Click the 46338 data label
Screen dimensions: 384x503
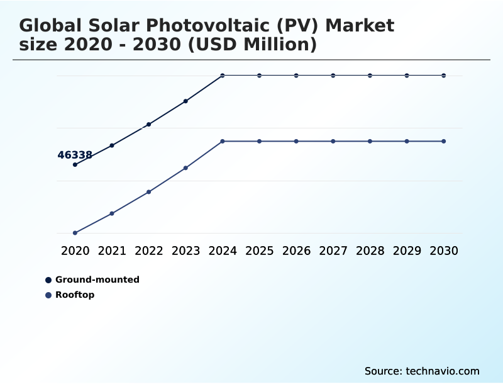click(75, 155)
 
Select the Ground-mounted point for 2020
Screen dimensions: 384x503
click(75, 165)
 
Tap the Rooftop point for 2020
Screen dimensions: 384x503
click(75, 233)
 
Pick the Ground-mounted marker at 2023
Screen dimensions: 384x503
click(185, 101)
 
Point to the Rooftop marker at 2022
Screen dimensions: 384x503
click(149, 192)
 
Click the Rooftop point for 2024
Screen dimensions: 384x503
click(223, 141)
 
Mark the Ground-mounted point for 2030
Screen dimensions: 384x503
click(444, 76)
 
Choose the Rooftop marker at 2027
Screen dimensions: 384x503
click(333, 141)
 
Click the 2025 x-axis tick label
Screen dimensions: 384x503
click(259, 251)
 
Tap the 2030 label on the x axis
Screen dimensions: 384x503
click(444, 251)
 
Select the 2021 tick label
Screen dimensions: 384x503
click(112, 251)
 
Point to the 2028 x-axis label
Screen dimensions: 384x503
click(370, 251)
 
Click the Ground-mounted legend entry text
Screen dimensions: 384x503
click(97, 280)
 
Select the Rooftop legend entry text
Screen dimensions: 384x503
click(75, 295)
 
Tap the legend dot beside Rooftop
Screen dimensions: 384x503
click(48, 295)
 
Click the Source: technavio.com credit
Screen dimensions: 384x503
click(422, 371)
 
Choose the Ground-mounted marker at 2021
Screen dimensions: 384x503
click(112, 145)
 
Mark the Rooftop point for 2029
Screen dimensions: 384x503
click(407, 141)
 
